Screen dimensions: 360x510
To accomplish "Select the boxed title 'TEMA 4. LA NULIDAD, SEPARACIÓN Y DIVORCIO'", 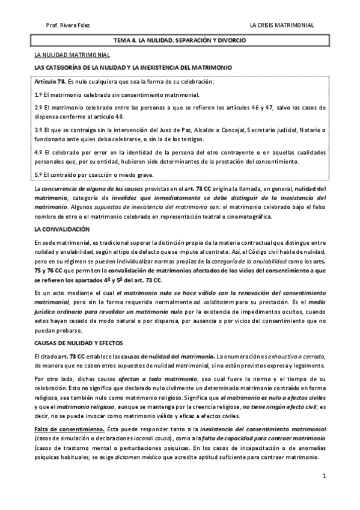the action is (x=180, y=40).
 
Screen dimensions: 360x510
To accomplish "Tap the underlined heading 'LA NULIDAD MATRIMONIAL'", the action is (x=72, y=55).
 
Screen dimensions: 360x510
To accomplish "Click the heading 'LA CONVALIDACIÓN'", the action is (x=62, y=230).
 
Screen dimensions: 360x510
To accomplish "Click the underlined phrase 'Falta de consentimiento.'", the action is (x=68, y=428).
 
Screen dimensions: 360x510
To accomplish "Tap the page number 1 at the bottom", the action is (x=323, y=476).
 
